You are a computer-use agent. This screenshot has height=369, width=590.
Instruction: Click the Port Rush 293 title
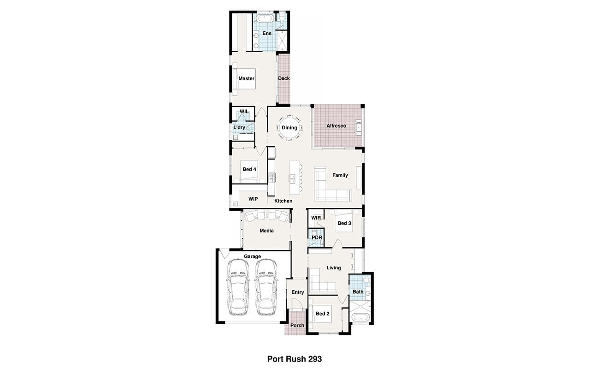[295, 359]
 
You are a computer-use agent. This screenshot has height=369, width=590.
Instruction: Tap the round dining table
[289, 128]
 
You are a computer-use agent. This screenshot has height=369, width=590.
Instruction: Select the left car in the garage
[238, 287]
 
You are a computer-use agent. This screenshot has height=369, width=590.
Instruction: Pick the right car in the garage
[266, 287]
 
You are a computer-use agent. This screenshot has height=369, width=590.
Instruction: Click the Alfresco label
[336, 126]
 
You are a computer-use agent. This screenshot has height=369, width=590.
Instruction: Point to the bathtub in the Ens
[265, 18]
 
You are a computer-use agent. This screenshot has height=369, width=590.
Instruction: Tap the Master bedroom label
[246, 78]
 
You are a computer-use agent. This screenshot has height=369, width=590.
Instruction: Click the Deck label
[284, 78]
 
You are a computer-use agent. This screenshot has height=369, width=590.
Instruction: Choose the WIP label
[253, 199]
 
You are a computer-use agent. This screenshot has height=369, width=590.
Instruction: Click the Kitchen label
[283, 201]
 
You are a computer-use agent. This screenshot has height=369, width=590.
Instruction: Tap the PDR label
[317, 238]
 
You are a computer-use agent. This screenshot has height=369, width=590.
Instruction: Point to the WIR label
[316, 218]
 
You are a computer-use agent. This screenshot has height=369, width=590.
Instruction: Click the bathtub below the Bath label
[360, 317]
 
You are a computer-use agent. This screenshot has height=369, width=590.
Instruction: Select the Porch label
[297, 326]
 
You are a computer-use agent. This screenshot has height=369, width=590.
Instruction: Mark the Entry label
[298, 292]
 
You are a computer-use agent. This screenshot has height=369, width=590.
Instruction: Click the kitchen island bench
[295, 178]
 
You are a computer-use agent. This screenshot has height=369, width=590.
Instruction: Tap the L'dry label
[239, 128]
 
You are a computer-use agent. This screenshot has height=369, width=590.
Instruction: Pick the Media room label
[266, 231]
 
